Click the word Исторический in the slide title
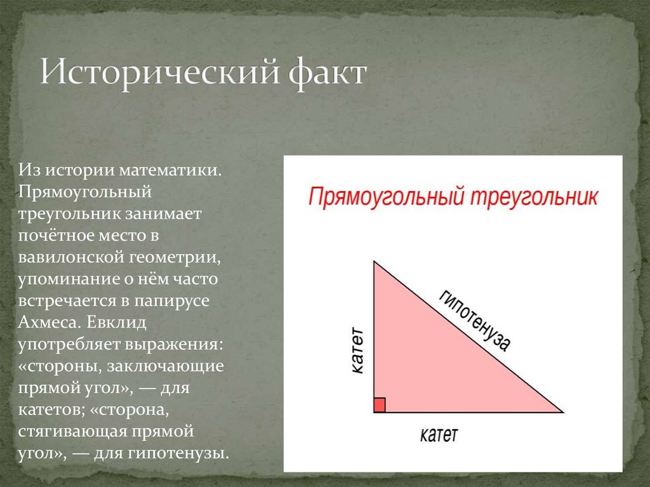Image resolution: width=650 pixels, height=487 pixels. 159,73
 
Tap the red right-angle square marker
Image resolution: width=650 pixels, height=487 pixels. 380,405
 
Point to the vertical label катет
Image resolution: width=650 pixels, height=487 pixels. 357,350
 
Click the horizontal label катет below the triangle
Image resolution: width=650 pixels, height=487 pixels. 439,435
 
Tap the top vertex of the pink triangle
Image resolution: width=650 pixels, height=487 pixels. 374,261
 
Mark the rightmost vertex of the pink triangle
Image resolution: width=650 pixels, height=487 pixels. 562,412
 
